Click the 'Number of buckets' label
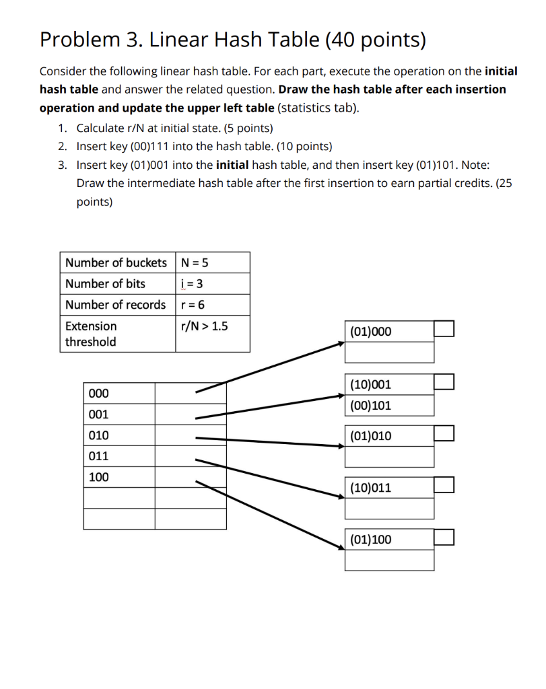click(116, 262)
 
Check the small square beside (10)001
click(444, 382)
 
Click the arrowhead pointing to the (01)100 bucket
click(340, 550)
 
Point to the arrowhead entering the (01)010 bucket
click(340, 445)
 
